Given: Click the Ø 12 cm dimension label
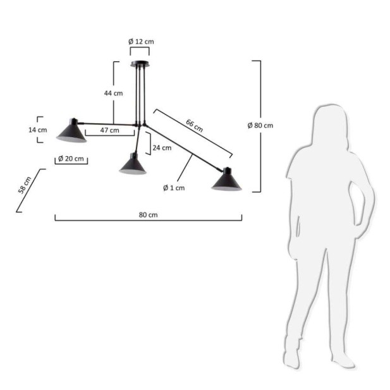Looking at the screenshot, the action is click(141, 42).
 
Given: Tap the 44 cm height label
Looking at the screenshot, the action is click(113, 94).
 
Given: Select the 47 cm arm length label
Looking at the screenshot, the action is click(110, 130).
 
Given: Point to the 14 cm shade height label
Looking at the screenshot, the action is click(37, 130).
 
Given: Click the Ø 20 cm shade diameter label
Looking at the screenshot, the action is click(71, 159).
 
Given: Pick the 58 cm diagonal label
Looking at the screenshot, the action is click(25, 185).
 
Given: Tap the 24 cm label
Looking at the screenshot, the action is click(162, 148).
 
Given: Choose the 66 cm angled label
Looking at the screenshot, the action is click(194, 126).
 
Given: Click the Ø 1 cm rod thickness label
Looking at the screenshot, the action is click(174, 188).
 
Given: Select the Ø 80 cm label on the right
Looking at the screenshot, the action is click(260, 125).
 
